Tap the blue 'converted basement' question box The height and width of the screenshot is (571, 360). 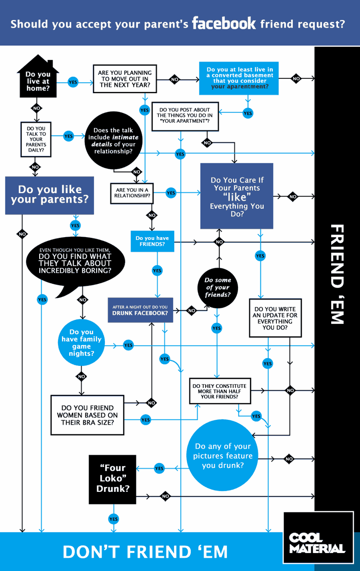pyautogui.click(x=239, y=78)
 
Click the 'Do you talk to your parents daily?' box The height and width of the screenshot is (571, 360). pyautogui.click(x=36, y=139)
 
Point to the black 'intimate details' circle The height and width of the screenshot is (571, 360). pyautogui.click(x=113, y=141)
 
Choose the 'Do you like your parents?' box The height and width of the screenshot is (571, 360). pyautogui.click(x=49, y=195)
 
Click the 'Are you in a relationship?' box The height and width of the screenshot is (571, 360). pyautogui.click(x=132, y=193)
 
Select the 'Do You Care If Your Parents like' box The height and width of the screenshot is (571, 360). pyautogui.click(x=237, y=196)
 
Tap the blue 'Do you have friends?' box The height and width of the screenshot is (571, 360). pyautogui.click(x=152, y=241)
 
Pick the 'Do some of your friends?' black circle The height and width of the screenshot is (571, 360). pyautogui.click(x=217, y=288)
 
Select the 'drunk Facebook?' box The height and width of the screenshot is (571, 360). pyautogui.click(x=140, y=310)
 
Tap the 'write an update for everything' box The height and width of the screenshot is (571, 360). pyautogui.click(x=275, y=319)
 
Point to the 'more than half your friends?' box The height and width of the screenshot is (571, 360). pyautogui.click(x=219, y=391)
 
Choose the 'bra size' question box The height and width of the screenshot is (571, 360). pyautogui.click(x=87, y=415)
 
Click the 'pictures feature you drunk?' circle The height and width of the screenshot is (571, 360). pyautogui.click(x=223, y=455)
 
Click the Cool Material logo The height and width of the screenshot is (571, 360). pyautogui.click(x=318, y=538)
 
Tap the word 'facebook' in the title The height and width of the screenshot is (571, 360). pyautogui.click(x=224, y=23)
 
